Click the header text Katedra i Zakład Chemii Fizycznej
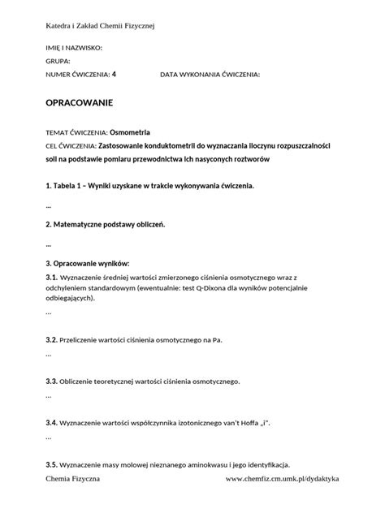coord(100,27)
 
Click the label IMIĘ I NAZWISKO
coord(74,48)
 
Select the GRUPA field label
coord(58,61)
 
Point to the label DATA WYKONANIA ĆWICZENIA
coord(210,74)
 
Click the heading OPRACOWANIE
coord(79,104)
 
